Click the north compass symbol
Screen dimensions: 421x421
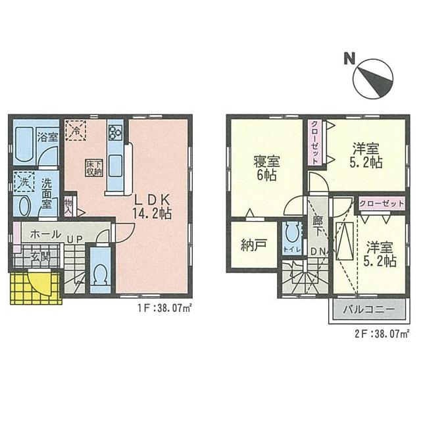click(x=371, y=81)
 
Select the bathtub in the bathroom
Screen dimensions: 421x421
click(x=25, y=143)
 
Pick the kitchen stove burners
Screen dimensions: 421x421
click(x=116, y=132)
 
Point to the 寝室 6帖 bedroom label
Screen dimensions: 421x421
click(x=265, y=168)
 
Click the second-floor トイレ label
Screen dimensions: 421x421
click(x=290, y=250)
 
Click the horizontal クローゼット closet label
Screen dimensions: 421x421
click(x=382, y=204)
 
